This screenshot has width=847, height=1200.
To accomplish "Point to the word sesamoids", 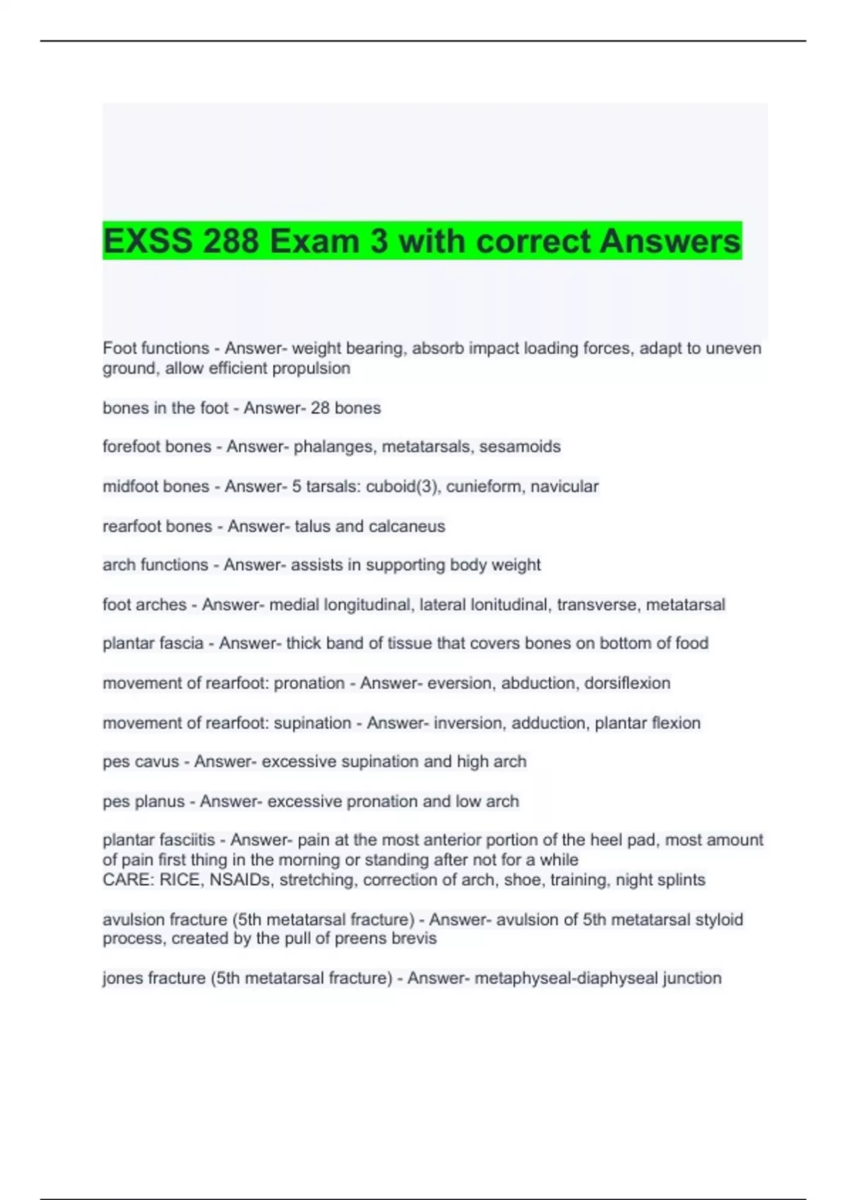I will pos(520,447).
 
